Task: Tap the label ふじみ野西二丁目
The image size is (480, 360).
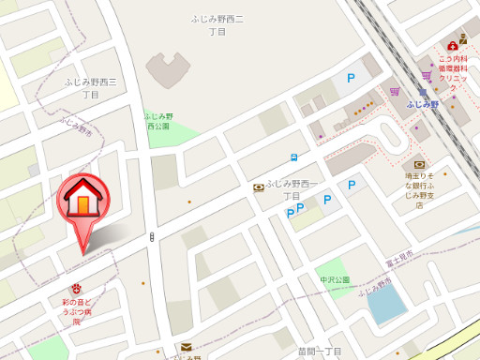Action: point(217,25)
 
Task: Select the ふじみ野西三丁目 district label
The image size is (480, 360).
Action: point(90,88)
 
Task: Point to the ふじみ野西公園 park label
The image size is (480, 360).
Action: point(157,120)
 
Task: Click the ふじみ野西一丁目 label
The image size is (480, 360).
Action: point(292,189)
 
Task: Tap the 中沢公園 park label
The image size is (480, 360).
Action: point(334,279)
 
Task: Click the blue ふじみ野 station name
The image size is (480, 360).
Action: point(423,105)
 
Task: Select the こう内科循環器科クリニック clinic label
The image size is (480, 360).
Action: point(453,67)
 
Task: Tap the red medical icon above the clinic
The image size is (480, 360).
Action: point(453,43)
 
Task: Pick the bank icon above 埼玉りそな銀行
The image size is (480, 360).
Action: point(418,165)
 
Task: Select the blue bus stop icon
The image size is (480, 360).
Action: point(293,157)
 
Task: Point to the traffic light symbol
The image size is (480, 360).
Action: point(151,237)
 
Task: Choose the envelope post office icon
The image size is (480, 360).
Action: point(187,348)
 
